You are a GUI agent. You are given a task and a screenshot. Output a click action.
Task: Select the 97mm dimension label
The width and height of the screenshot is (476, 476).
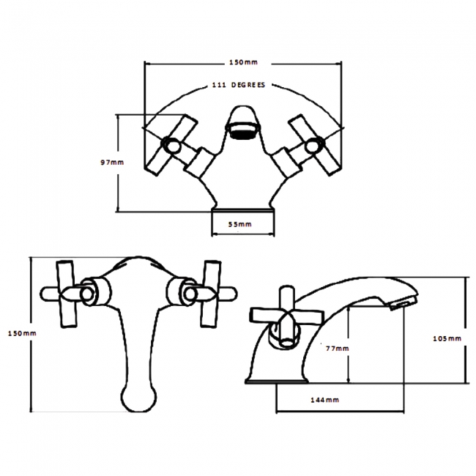(x=112, y=163)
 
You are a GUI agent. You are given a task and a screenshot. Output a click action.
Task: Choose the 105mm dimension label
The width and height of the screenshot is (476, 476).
(x=447, y=338)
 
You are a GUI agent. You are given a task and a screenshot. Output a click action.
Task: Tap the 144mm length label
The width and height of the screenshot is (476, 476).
(x=324, y=400)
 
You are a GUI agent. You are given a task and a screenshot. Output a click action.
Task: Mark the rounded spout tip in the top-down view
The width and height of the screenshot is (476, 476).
(x=137, y=399)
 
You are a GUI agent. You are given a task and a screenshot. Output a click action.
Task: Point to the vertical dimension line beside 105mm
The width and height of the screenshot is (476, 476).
(x=466, y=330)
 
